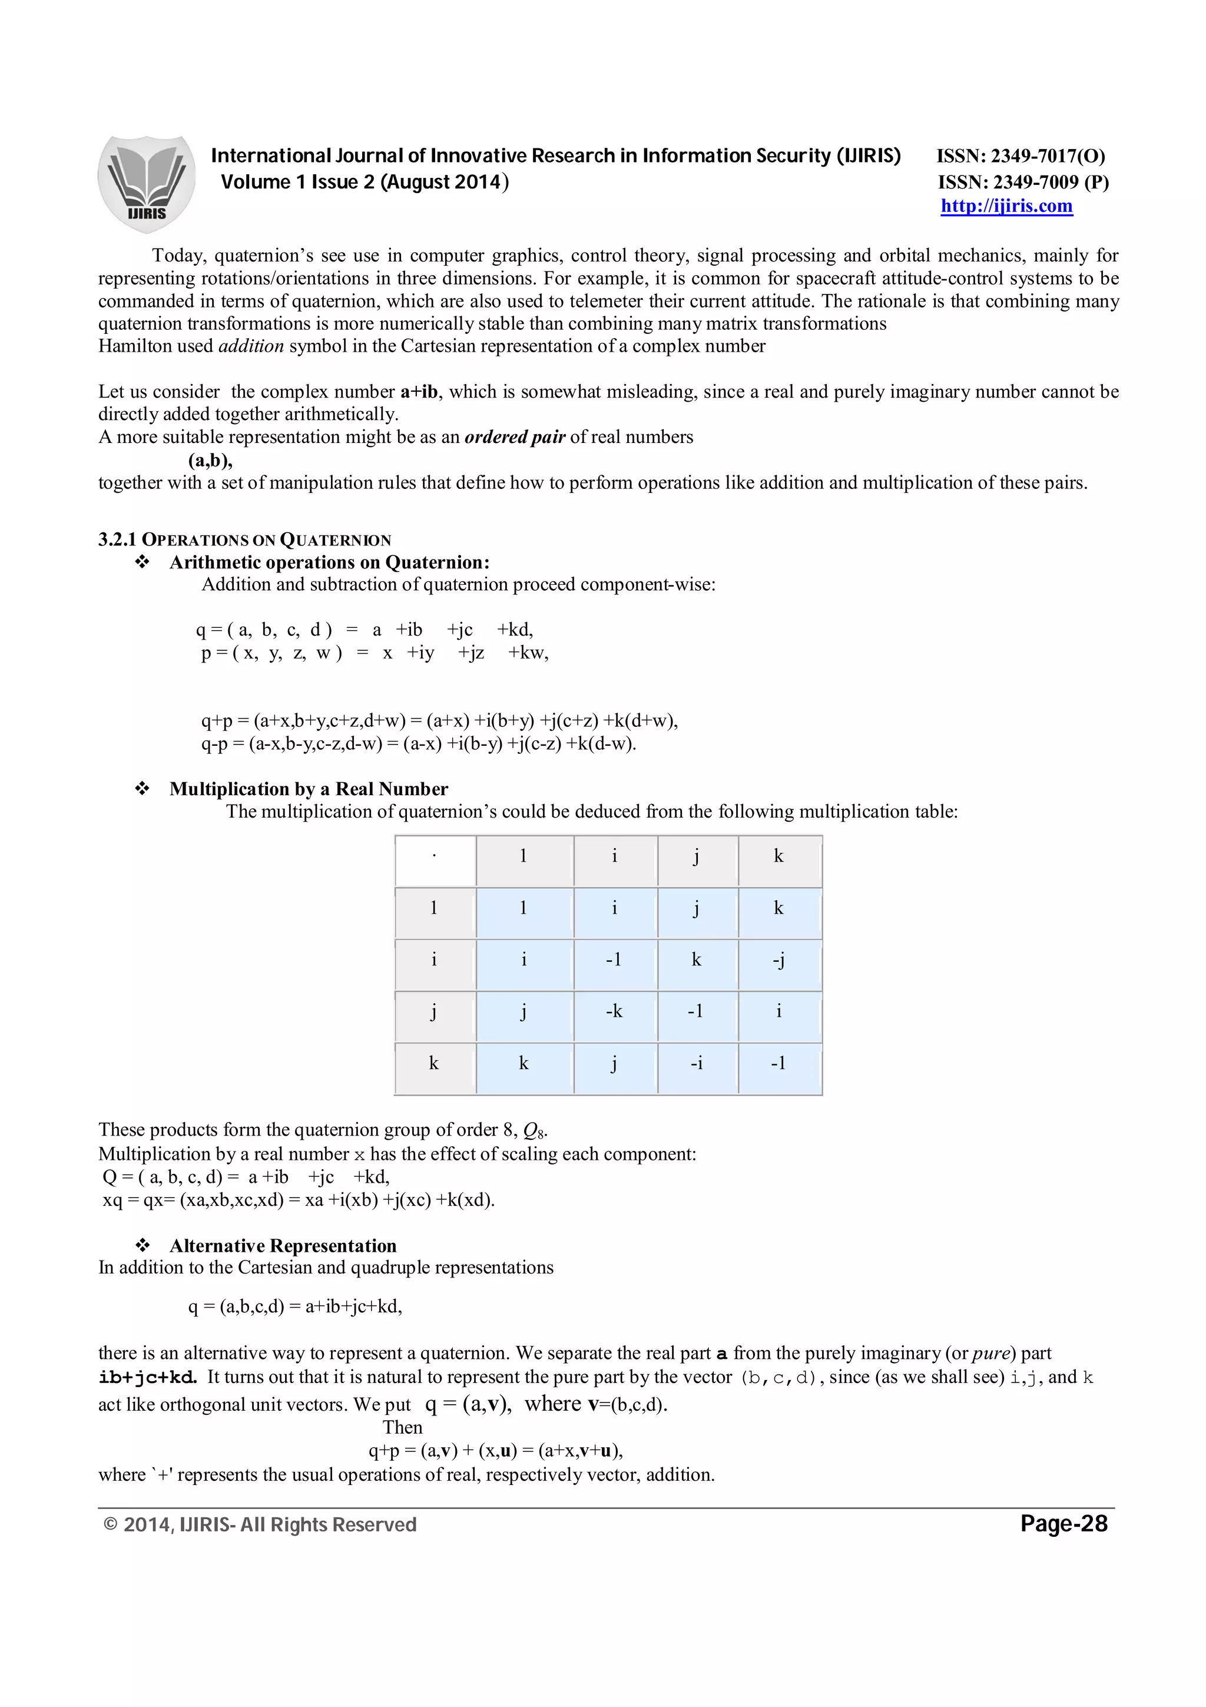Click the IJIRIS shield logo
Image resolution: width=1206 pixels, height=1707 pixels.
[x=147, y=184]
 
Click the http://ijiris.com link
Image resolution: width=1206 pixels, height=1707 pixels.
[x=1006, y=206]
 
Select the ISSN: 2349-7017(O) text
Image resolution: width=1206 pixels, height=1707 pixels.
[x=1021, y=156]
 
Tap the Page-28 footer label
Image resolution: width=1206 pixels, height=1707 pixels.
[x=1063, y=1523]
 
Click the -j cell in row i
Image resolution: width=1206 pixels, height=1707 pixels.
[x=778, y=960]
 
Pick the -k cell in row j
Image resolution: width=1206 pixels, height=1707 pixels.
[x=614, y=1011]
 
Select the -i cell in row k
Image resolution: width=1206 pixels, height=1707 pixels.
[x=696, y=1063]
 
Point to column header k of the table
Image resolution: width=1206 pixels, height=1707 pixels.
[x=778, y=856]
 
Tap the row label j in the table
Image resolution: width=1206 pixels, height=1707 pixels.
[x=434, y=1011]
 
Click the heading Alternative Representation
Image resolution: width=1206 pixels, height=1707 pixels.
[x=283, y=1245]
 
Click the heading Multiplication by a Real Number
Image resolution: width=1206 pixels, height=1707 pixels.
[x=309, y=789]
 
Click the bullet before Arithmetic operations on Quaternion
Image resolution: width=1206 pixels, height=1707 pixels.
[x=142, y=563]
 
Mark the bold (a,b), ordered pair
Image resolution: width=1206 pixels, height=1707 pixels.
[x=210, y=460]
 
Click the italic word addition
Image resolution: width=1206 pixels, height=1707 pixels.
[x=251, y=346]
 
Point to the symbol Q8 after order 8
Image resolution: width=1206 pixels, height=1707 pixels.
[x=534, y=1131]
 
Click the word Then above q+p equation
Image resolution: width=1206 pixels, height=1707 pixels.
[x=402, y=1427]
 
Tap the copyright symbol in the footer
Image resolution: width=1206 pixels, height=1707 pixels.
[x=111, y=1525]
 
